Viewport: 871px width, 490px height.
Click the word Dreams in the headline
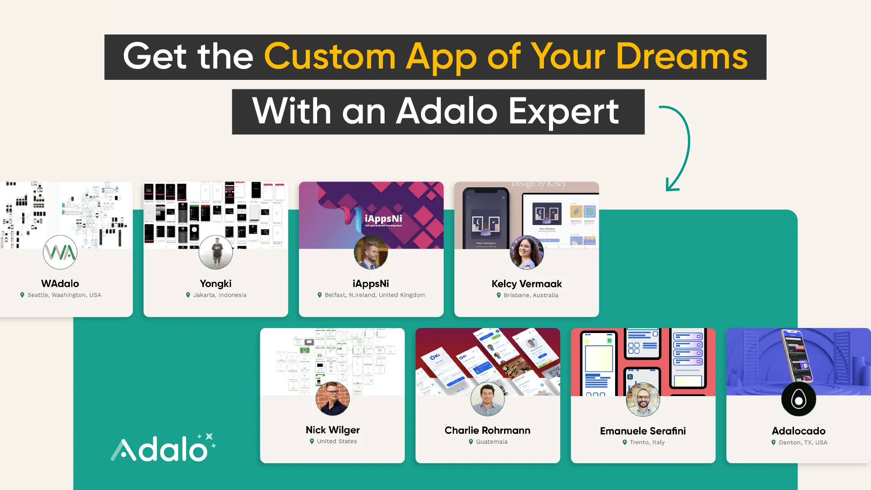point(681,57)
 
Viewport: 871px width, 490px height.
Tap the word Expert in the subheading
point(563,111)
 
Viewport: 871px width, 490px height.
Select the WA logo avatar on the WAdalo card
point(60,252)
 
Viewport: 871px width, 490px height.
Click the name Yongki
point(215,284)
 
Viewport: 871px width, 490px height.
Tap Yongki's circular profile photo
point(215,252)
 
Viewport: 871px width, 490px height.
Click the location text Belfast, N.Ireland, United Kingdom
point(375,295)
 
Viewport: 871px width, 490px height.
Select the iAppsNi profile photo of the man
point(371,252)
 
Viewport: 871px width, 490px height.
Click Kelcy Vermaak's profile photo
point(526,252)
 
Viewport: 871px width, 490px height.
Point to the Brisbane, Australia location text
point(531,295)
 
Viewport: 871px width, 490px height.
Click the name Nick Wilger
point(333,430)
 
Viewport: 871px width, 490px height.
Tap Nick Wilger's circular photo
point(333,399)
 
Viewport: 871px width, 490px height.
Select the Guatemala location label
point(491,442)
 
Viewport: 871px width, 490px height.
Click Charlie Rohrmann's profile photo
point(488,399)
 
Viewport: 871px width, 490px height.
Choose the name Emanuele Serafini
point(643,431)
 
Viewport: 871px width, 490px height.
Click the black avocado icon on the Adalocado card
point(798,399)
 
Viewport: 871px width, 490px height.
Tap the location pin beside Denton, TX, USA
point(773,443)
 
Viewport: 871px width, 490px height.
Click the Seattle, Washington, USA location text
point(64,295)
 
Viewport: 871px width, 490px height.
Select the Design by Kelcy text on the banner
point(538,184)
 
